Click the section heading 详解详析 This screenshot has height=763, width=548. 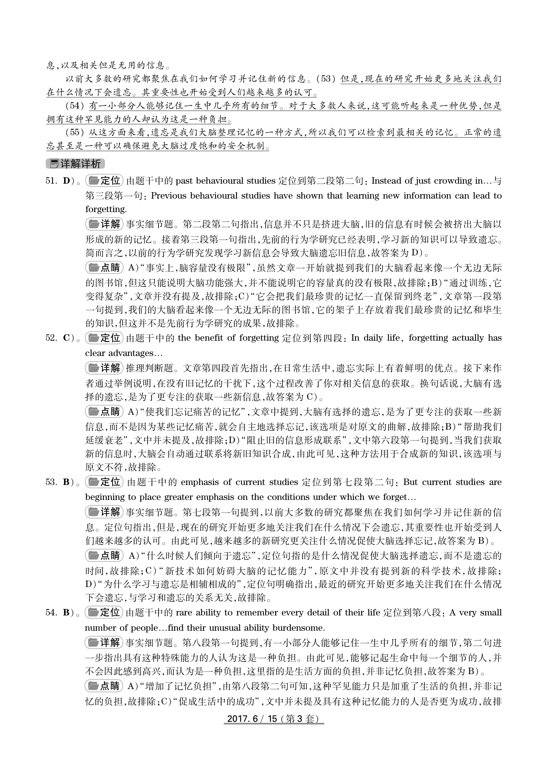(x=76, y=164)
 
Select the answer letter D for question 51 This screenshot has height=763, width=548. (x=67, y=181)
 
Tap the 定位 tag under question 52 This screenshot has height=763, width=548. (x=105, y=338)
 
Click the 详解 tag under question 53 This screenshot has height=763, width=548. (x=105, y=512)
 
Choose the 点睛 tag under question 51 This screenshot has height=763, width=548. (x=105, y=268)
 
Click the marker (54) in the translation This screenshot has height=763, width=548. (x=75, y=106)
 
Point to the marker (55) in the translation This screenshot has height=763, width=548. (x=75, y=133)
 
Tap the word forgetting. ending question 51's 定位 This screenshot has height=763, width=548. (x=106, y=210)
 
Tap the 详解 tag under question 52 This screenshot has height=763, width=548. (x=105, y=368)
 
